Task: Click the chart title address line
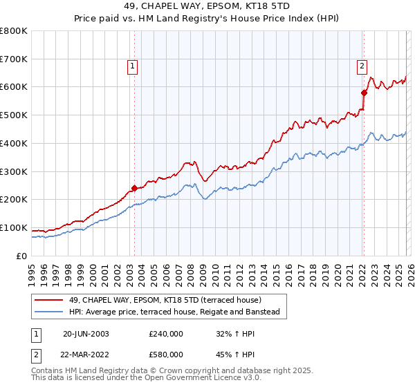pyautogui.click(x=207, y=6)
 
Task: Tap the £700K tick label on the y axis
pyautogui.click(x=14, y=59)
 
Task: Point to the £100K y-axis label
pyautogui.click(x=14, y=227)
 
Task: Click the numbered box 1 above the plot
pyautogui.click(x=131, y=66)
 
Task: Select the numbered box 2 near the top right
pyautogui.click(x=362, y=66)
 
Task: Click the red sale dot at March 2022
pyautogui.click(x=363, y=92)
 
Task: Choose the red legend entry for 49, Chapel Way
pyautogui.click(x=165, y=300)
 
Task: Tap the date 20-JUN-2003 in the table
pyautogui.click(x=86, y=333)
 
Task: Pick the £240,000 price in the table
pyautogui.click(x=166, y=333)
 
